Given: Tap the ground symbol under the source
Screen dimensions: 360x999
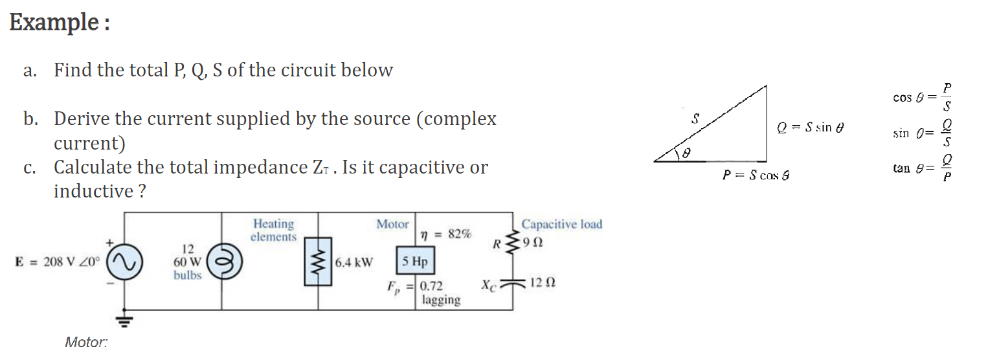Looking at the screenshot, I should (124, 319).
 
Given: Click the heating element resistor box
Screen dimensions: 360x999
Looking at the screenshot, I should (317, 262).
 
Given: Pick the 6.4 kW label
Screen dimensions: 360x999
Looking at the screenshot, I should (354, 262).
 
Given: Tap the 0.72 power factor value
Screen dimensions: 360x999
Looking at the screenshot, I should (431, 286).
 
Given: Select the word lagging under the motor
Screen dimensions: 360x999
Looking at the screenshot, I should (441, 300).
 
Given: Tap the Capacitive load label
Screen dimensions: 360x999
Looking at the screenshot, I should (561, 224).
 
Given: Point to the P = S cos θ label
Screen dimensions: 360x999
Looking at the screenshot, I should (754, 175).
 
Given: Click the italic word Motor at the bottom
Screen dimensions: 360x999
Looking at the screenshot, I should (86, 342).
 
